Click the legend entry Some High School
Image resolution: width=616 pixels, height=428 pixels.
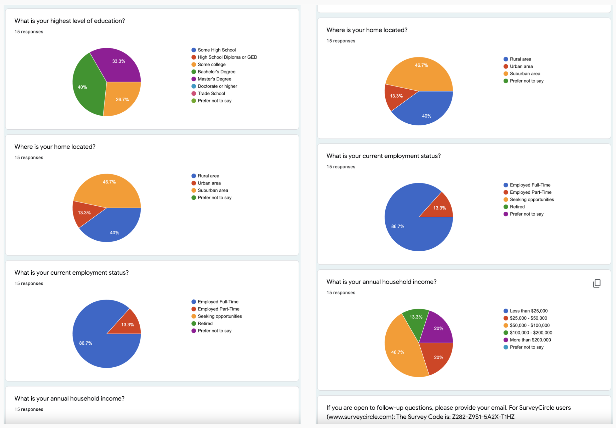[x=216, y=50]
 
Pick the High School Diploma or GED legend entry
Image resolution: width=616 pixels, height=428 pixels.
[x=227, y=57]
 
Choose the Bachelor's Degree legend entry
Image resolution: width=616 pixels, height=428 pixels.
[x=216, y=72]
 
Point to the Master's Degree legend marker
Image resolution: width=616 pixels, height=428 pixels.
[x=194, y=79]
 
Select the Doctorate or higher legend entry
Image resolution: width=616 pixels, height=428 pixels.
[x=217, y=86]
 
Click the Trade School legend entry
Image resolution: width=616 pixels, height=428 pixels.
[x=211, y=93]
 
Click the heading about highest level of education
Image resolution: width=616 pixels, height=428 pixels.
[x=70, y=21]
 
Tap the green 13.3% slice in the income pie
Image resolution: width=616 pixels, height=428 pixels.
[x=415, y=320]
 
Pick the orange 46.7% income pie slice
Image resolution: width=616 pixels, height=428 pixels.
[x=400, y=349]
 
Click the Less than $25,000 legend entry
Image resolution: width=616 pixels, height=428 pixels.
[x=528, y=311]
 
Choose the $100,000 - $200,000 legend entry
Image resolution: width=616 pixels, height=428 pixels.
[x=531, y=333]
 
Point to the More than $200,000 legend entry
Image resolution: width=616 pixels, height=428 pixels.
[x=530, y=340]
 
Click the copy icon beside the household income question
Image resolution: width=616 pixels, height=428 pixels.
[x=597, y=284]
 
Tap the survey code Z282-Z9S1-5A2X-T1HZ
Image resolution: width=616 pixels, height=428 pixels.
[x=483, y=417]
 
